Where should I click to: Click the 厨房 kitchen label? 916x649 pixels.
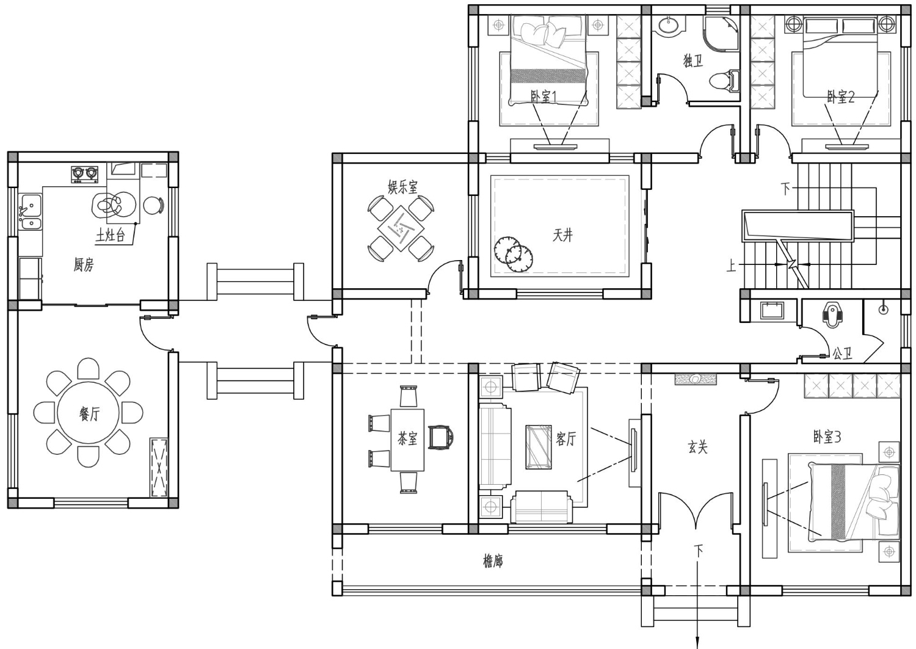pyautogui.click(x=84, y=265)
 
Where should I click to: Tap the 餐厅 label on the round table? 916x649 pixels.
pyautogui.click(x=89, y=415)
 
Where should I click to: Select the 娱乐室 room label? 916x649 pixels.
pyautogui.click(x=403, y=187)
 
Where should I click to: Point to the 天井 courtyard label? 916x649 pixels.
pyautogui.click(x=562, y=235)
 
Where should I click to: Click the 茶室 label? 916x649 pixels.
pyautogui.click(x=407, y=439)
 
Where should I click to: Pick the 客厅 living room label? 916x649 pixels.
pyautogui.click(x=565, y=439)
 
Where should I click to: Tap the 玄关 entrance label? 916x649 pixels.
pyautogui.click(x=697, y=447)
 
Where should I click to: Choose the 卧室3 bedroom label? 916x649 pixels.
pyautogui.click(x=827, y=437)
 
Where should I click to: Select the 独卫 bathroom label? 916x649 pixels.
pyautogui.click(x=693, y=61)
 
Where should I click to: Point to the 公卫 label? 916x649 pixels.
pyautogui.click(x=842, y=354)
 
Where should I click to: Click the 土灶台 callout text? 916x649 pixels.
pyautogui.click(x=110, y=236)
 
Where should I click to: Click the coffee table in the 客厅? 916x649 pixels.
pyautogui.click(x=539, y=447)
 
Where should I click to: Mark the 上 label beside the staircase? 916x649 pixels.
pyautogui.click(x=731, y=266)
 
